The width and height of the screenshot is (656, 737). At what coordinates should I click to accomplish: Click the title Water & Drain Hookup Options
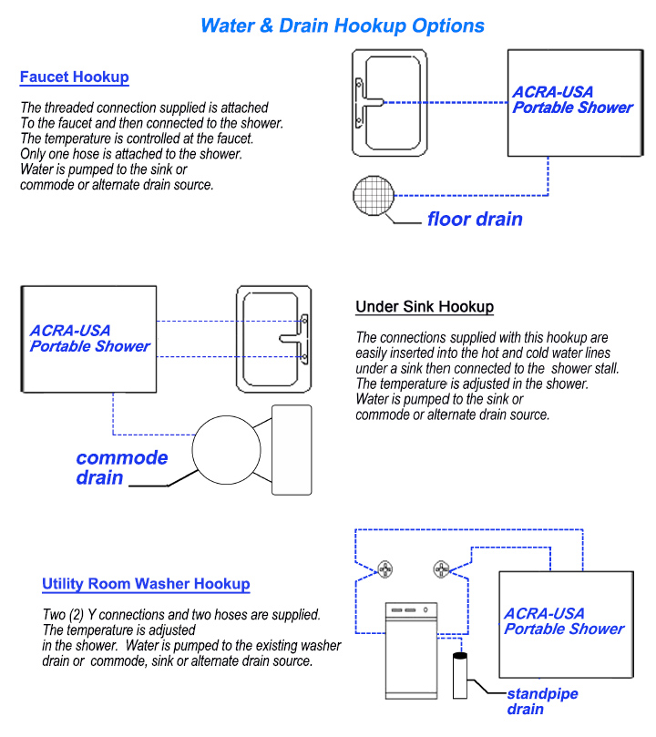tap(342, 25)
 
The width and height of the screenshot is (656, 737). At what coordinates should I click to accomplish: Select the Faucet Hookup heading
tap(74, 77)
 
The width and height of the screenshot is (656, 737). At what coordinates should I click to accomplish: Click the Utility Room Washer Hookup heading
tap(146, 584)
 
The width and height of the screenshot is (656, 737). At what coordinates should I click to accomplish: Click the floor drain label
tap(475, 220)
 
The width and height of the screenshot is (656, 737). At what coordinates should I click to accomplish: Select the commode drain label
tap(121, 467)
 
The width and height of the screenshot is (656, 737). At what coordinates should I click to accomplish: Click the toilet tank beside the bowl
tap(292, 449)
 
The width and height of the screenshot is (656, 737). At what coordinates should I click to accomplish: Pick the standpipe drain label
tap(542, 701)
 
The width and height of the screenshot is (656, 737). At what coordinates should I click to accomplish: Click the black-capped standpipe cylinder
tap(460, 679)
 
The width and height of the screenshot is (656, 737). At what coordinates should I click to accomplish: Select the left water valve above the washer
tap(386, 569)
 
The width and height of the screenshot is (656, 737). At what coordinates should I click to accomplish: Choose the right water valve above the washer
tap(443, 569)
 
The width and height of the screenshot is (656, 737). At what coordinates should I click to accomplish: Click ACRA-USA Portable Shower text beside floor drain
tap(572, 100)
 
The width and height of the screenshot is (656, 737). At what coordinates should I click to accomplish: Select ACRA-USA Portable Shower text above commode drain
tap(89, 339)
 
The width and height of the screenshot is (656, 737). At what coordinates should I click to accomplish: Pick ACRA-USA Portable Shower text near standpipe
tap(564, 621)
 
